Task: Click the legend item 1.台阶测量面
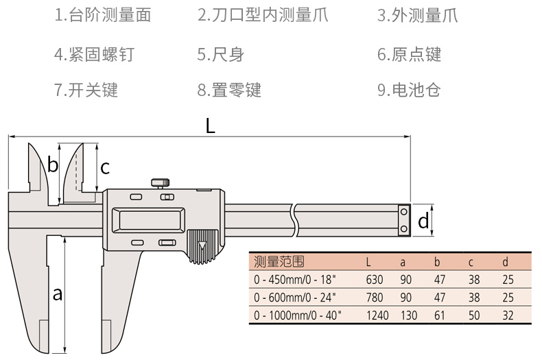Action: (x=103, y=16)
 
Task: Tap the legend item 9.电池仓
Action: (x=409, y=89)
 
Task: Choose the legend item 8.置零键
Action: (x=229, y=89)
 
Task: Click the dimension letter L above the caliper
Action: (x=211, y=125)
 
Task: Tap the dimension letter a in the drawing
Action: (x=58, y=293)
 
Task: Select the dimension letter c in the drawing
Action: (x=105, y=167)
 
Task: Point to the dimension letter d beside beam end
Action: (x=423, y=221)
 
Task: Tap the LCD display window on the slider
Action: (x=150, y=220)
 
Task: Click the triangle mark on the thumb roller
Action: (x=202, y=245)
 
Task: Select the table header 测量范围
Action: (x=278, y=261)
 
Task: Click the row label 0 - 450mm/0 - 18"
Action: (x=296, y=279)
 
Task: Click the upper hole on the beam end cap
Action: (x=404, y=213)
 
